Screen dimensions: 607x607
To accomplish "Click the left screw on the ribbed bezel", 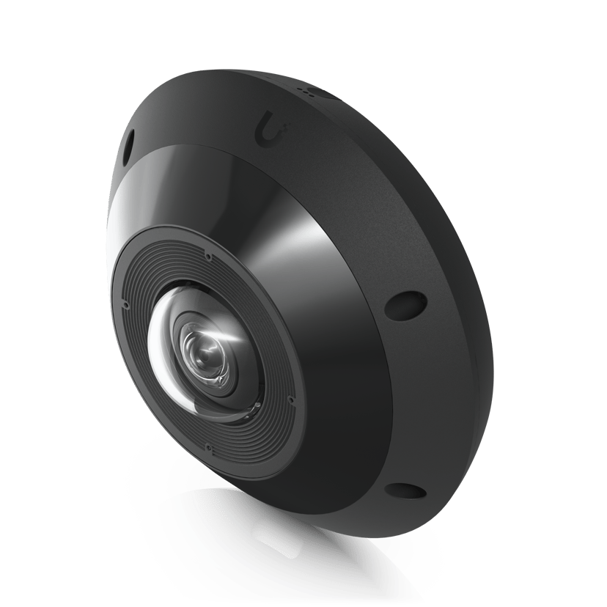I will tap(126, 303).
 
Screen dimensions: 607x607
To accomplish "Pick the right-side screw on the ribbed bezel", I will tap(291, 400).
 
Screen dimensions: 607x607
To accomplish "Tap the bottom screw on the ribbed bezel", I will tap(210, 444).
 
